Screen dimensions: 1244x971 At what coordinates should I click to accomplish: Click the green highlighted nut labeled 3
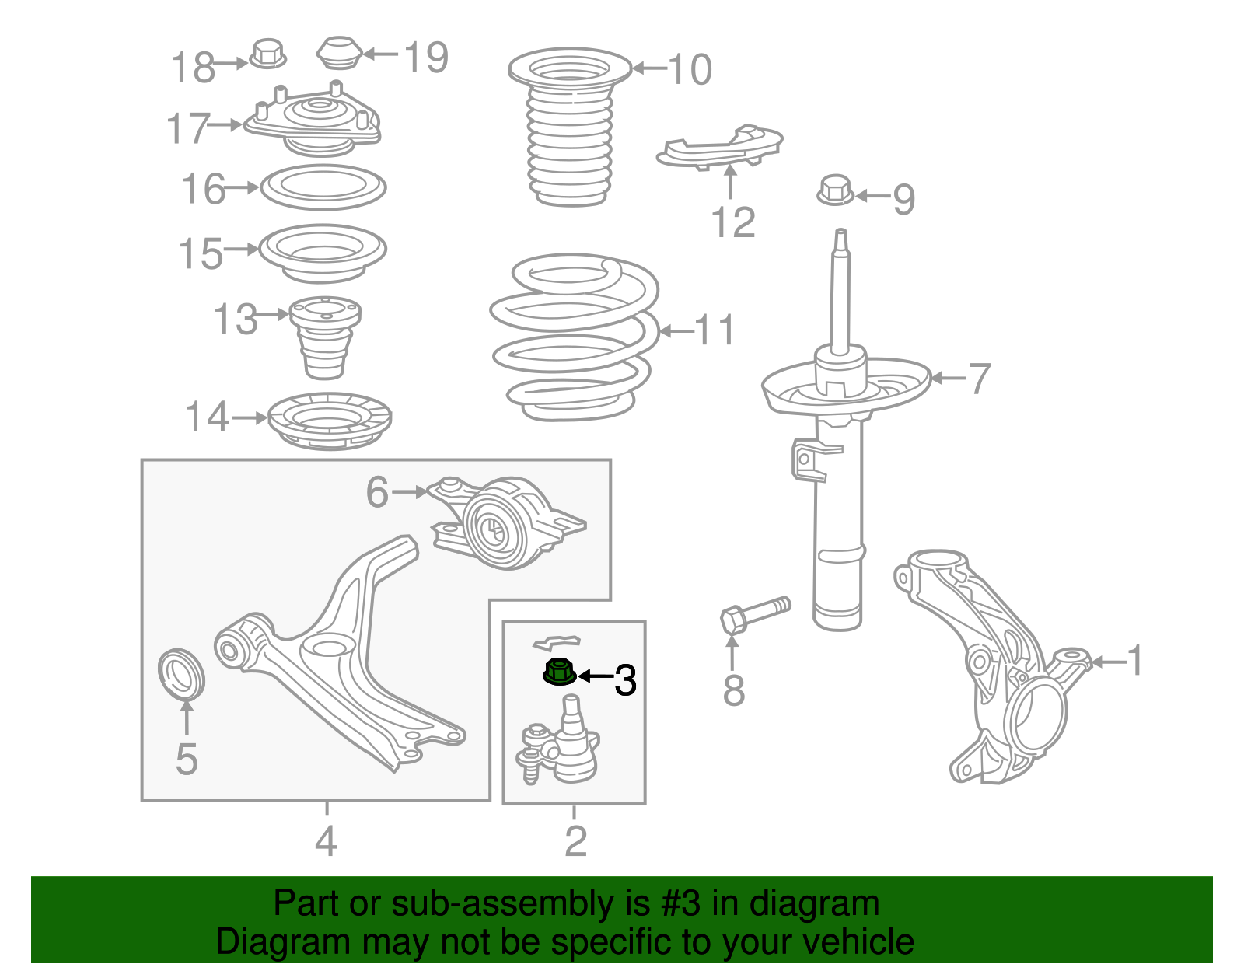tap(559, 671)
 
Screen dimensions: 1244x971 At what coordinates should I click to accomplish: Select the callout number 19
tap(426, 58)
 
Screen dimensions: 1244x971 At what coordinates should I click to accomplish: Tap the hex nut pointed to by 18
tap(268, 54)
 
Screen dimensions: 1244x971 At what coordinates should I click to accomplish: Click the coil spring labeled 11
tap(575, 337)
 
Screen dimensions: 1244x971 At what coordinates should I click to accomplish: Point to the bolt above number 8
tap(755, 615)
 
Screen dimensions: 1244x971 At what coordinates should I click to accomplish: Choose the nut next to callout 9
tap(835, 190)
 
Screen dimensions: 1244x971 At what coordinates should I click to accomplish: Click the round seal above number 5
tap(181, 673)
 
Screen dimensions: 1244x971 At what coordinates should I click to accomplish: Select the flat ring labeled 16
tap(323, 187)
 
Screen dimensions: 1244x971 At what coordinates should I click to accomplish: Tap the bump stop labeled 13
tap(325, 337)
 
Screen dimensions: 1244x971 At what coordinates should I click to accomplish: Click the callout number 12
tap(733, 222)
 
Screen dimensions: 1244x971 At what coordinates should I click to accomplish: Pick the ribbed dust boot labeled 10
tap(570, 127)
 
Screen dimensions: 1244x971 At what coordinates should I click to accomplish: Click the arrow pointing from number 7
tap(949, 378)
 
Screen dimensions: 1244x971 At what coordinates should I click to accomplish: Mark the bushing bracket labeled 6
tap(507, 522)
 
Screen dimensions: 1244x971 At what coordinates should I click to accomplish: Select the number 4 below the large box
tap(327, 840)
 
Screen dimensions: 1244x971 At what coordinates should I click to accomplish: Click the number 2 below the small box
tap(575, 840)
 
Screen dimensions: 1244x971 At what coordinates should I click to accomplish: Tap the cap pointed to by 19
tap(340, 53)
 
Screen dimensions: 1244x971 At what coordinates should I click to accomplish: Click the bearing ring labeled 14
tap(330, 421)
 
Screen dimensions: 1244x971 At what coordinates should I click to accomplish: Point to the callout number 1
tap(1134, 660)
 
